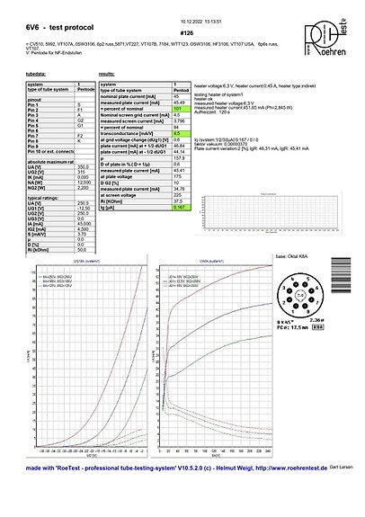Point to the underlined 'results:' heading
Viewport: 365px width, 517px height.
(105, 74)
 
